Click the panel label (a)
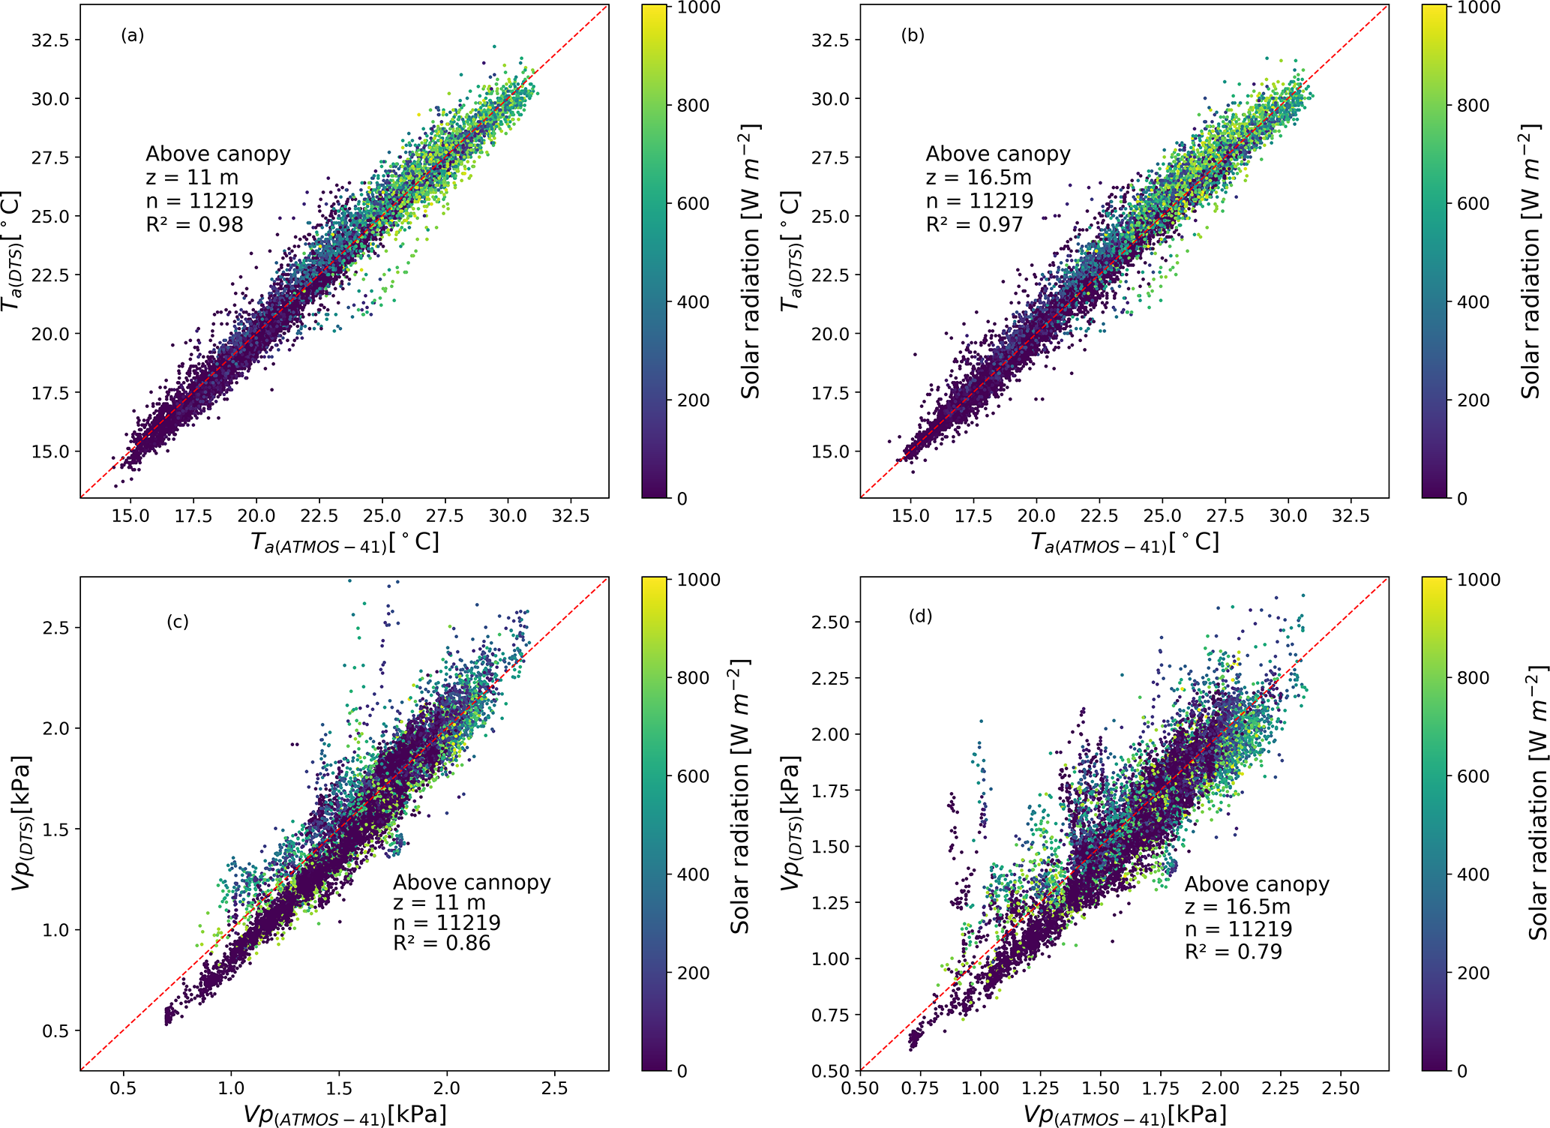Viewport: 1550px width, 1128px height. (x=132, y=35)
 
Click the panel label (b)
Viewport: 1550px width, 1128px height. (x=913, y=35)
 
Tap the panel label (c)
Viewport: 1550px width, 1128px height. (x=178, y=622)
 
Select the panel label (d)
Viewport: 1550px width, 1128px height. (x=920, y=616)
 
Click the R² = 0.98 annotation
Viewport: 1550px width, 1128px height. (x=195, y=224)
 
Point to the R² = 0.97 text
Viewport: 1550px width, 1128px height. (x=975, y=224)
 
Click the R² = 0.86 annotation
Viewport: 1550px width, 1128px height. (x=442, y=943)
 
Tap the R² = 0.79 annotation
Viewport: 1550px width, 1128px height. (x=1234, y=952)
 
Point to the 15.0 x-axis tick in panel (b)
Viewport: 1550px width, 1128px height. (x=910, y=516)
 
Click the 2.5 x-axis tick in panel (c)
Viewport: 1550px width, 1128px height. (x=554, y=1087)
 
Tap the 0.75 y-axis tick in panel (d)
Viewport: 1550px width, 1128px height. (x=830, y=1015)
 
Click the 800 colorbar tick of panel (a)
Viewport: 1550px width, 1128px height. (x=693, y=106)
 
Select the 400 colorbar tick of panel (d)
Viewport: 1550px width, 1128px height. (x=1473, y=874)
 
